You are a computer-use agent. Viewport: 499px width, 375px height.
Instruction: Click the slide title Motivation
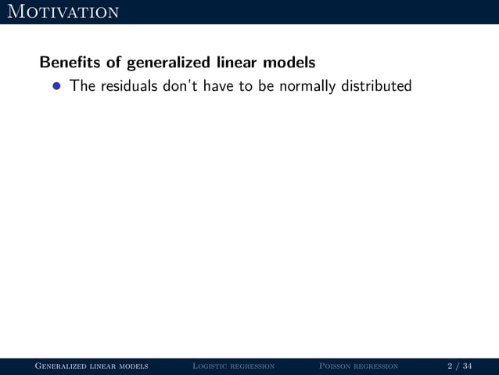click(x=62, y=12)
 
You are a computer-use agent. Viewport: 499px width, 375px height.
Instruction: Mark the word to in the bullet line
click(x=246, y=85)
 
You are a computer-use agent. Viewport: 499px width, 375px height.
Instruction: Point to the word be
click(x=266, y=85)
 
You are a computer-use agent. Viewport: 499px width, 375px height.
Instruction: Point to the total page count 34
click(x=467, y=366)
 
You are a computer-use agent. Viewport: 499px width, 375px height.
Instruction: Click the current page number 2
click(x=450, y=366)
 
